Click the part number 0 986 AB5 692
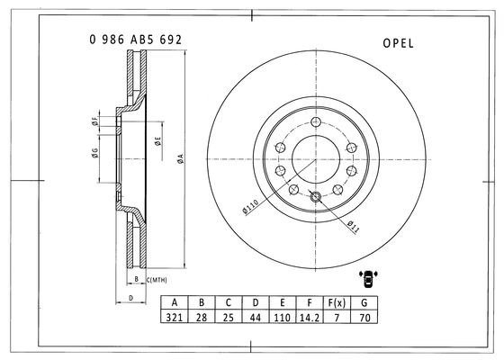click(x=136, y=40)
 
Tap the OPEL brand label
click(x=398, y=43)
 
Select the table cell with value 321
click(x=175, y=317)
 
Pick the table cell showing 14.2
click(x=310, y=317)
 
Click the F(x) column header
click(x=337, y=302)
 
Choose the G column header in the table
click(x=364, y=302)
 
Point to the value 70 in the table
click(x=364, y=317)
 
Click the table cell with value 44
click(x=256, y=317)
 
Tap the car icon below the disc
click(x=368, y=279)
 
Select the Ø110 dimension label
click(x=250, y=206)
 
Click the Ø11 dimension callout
click(x=353, y=226)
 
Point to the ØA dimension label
click(x=181, y=158)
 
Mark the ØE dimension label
click(x=157, y=141)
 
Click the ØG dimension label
click(x=94, y=153)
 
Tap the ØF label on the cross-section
click(x=94, y=121)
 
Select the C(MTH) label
click(x=157, y=280)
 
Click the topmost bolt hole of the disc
click(x=316, y=121)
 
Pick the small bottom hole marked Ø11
click(x=316, y=197)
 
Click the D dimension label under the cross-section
click(x=130, y=298)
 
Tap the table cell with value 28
click(x=202, y=317)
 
